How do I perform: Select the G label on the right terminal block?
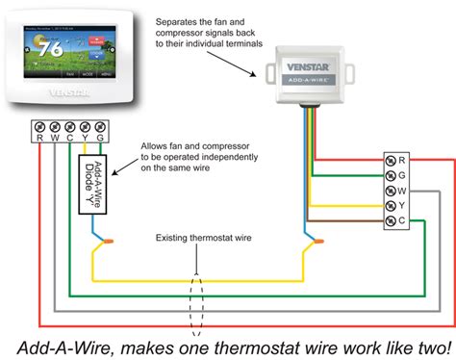[401, 175]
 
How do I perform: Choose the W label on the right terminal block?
[401, 191]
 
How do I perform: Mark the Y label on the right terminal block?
[401, 206]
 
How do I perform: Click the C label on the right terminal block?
[401, 221]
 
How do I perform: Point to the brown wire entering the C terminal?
[356, 222]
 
